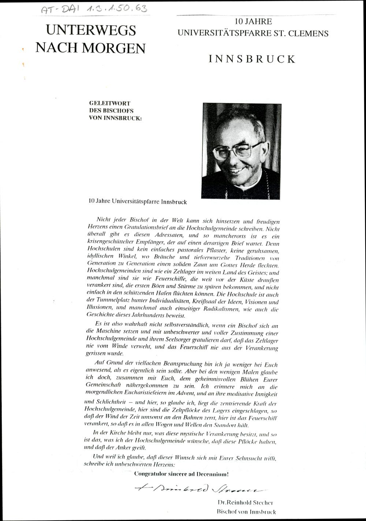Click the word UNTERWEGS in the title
[x=91, y=30]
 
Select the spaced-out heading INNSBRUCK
[x=252, y=59]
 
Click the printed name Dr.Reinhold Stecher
[x=245, y=503]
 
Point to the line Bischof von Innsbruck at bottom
[x=246, y=511]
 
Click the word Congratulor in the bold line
[x=150, y=474]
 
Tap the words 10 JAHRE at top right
[x=253, y=22]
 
